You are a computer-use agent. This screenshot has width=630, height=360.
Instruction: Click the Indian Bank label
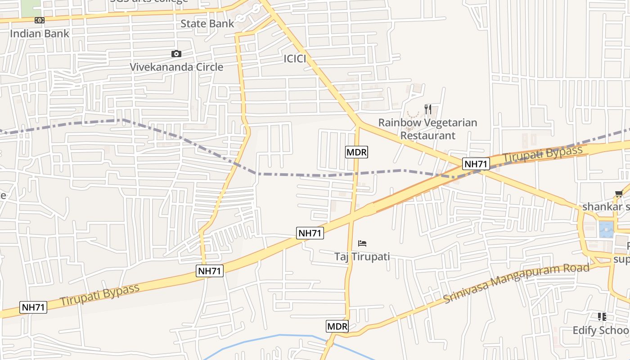point(40,33)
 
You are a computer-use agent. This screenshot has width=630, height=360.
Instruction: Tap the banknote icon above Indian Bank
point(40,20)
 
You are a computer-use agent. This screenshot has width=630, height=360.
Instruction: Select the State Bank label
point(207,23)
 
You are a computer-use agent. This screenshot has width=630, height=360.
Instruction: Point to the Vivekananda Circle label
point(176,67)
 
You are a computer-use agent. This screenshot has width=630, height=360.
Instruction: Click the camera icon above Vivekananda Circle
point(176,54)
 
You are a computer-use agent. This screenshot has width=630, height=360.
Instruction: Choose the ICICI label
point(295,58)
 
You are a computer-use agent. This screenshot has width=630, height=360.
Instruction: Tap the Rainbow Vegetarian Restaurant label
point(427,129)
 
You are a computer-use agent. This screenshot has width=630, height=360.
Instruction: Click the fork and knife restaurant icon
point(428,109)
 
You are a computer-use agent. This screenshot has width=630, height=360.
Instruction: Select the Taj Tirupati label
point(362,256)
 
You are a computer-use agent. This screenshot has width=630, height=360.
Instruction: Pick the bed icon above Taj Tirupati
point(362,243)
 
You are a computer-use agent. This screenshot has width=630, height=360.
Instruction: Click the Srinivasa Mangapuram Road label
point(516,283)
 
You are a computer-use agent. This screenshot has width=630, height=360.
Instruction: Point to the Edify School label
point(601,330)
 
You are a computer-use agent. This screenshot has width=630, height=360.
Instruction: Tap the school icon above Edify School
point(602,317)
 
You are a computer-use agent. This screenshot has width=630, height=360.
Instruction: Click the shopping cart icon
point(619,194)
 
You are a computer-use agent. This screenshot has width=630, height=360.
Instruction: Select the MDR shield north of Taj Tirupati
point(356,152)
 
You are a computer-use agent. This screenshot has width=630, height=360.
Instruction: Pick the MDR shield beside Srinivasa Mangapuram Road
point(337,326)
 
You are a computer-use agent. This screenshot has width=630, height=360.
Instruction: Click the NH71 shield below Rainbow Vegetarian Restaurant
point(476,164)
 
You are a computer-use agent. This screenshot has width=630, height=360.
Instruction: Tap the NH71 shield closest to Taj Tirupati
point(310,233)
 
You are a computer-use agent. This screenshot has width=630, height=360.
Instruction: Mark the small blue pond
point(606,229)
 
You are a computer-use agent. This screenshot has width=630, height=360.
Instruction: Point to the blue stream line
point(279,335)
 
